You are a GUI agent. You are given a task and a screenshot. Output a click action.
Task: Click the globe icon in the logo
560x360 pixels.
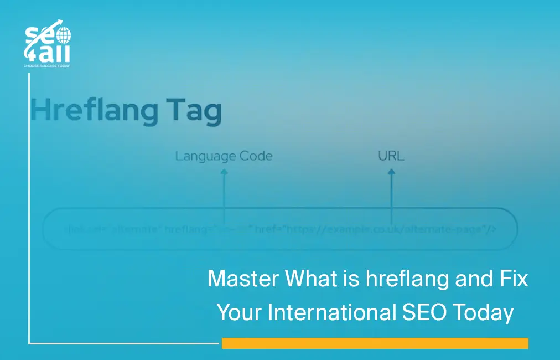64,36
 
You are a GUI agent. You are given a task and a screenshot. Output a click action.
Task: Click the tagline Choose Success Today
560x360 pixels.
47,65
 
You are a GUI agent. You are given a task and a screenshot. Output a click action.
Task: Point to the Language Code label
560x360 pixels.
224,156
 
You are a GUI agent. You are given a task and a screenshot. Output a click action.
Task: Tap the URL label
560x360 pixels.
391,156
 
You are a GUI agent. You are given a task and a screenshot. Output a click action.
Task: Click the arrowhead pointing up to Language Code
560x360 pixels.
224,173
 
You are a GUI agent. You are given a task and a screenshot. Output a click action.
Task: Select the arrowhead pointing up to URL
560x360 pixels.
391,173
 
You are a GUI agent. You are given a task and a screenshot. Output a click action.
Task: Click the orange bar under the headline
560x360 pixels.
375,343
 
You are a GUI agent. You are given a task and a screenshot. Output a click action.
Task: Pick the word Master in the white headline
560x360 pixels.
243,279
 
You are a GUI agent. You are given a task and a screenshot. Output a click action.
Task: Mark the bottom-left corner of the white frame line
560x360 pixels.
29,343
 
